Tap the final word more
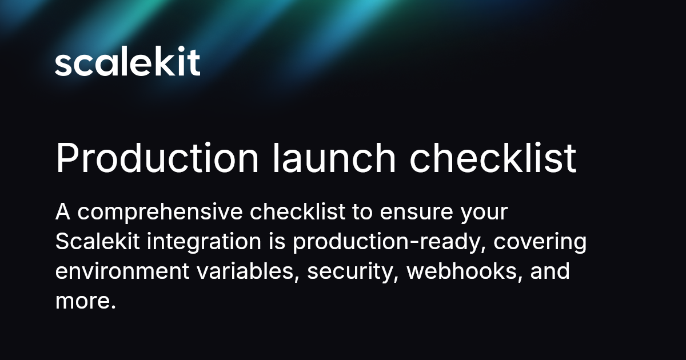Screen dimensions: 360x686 (x=85, y=301)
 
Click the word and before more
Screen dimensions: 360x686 (x=550, y=271)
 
